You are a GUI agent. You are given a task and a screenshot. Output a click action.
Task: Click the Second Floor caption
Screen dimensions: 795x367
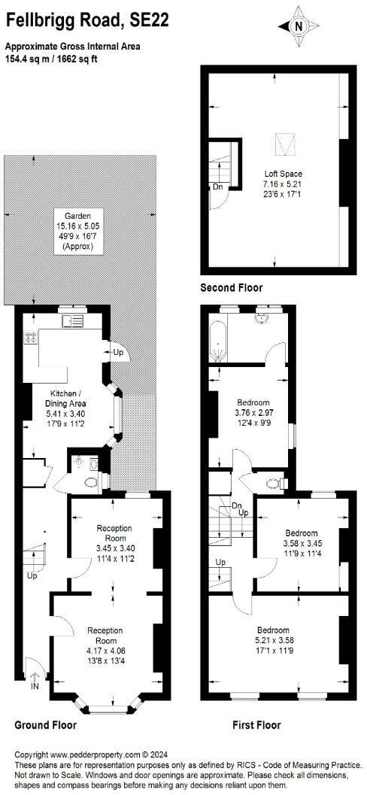232,288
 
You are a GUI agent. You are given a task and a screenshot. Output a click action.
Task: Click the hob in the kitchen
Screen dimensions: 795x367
32,338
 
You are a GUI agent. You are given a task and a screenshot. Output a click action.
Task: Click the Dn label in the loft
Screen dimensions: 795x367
217,187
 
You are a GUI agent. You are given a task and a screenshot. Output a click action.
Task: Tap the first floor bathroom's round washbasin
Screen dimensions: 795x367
263,317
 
